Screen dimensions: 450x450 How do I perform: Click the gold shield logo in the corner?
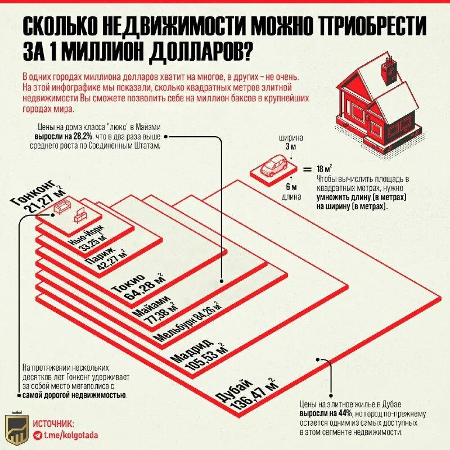(x=16, y=430)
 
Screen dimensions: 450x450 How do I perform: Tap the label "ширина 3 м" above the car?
(x=290, y=142)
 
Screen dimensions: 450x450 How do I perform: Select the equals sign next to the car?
(x=307, y=169)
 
